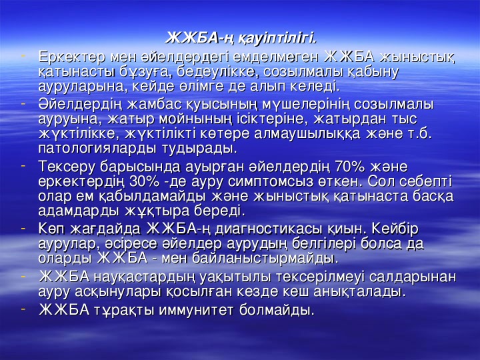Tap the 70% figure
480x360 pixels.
(x=350, y=166)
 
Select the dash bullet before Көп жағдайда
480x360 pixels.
(x=23, y=228)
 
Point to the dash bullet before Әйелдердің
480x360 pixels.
(x=23, y=105)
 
